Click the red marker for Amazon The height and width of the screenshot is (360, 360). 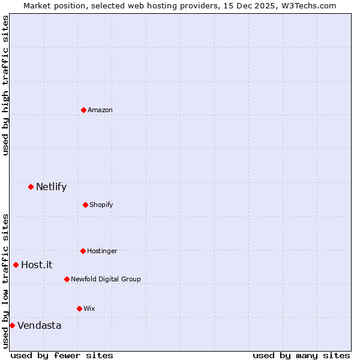coord(83,110)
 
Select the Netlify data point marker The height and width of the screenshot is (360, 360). coord(31,187)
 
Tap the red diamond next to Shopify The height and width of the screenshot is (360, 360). coord(85,205)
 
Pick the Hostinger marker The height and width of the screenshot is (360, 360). coord(83,251)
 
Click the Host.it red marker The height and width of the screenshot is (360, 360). coord(16,265)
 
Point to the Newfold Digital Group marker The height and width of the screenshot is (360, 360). coord(67,279)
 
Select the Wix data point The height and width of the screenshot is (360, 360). coord(79,308)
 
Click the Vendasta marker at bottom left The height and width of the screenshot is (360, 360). coord(12,325)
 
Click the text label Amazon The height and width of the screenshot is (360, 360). coord(100,110)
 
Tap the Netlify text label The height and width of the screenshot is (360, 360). coord(51,187)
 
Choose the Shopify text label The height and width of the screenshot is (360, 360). coord(101,205)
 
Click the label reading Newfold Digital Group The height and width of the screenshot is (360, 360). coord(106,279)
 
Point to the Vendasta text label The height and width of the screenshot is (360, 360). coord(39,325)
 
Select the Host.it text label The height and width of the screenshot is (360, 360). coord(37,265)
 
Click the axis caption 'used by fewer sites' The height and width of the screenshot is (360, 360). coord(62,355)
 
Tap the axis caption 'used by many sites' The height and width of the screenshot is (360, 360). coord(301,355)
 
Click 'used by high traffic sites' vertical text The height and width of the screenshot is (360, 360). coord(5,85)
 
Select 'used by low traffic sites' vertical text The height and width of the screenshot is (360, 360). coord(5,280)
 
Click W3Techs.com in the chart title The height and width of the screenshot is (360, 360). coord(308,5)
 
